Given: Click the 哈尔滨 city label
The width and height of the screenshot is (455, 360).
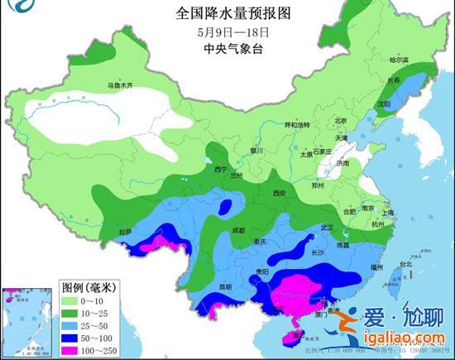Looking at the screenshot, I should (x=400, y=60).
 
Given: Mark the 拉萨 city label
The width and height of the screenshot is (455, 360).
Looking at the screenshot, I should (x=126, y=233).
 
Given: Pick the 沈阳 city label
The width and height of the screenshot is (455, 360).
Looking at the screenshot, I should (x=383, y=105).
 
